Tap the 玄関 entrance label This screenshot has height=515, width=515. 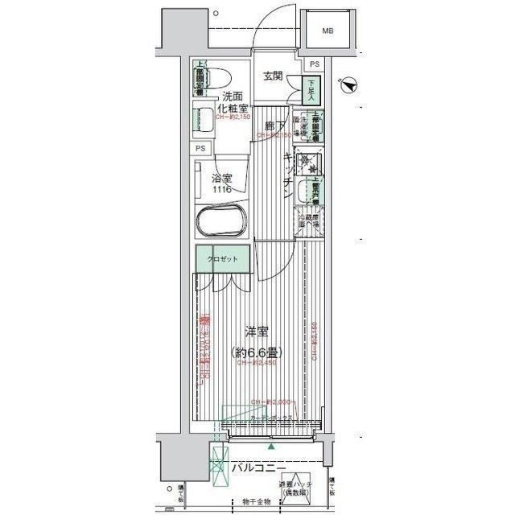(272, 76)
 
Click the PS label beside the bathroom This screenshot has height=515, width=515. (200, 149)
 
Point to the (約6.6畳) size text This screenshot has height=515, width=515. (257, 352)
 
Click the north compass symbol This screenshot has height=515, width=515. (348, 81)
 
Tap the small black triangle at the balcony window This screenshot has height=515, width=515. (271, 446)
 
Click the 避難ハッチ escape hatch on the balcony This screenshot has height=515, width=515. (295, 483)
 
